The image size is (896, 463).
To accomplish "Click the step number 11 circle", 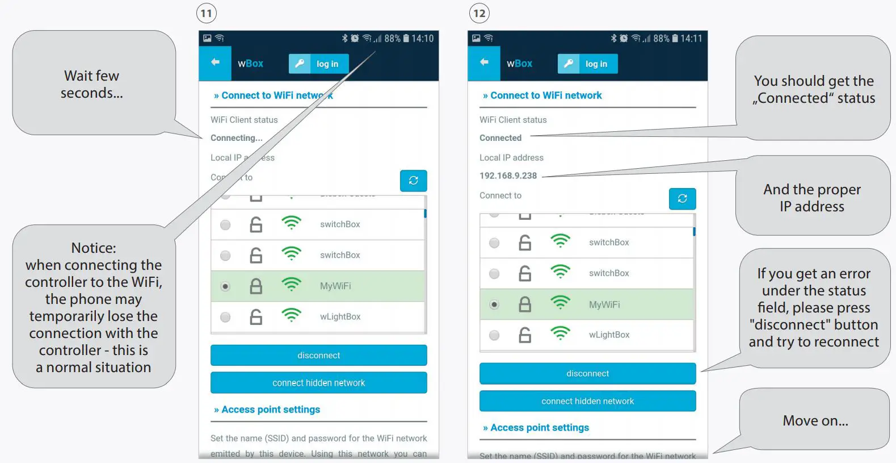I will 207,13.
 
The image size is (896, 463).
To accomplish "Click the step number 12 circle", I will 479,13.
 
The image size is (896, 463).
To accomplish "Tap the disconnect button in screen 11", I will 318,356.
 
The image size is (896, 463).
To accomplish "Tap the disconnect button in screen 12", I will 587,374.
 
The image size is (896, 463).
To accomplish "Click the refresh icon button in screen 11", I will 413,181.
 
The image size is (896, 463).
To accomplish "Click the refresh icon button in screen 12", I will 682,199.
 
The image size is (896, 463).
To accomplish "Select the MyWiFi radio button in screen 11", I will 225,286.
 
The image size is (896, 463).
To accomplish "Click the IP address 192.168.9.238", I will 508,176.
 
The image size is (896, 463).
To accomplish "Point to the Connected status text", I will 500,138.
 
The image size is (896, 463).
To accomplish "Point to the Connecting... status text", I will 236,138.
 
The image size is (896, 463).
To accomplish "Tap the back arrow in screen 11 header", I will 215,62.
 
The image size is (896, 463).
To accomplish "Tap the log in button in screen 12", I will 588,64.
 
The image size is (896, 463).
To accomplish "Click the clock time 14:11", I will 691,39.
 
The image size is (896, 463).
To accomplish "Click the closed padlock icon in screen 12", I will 525,305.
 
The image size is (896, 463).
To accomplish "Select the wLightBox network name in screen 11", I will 340,316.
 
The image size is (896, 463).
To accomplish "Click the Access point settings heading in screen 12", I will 539,428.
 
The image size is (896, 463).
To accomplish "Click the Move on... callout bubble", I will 815,420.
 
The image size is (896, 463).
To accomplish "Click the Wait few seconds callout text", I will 92,84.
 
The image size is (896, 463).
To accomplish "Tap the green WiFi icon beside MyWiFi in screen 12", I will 560,303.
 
